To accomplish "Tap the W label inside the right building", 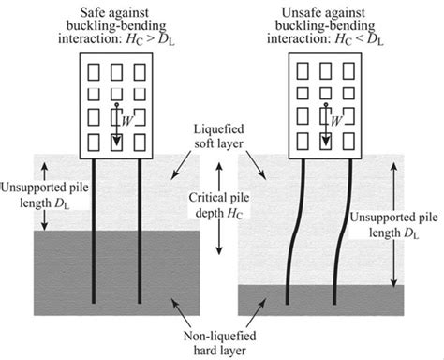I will (334, 120).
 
